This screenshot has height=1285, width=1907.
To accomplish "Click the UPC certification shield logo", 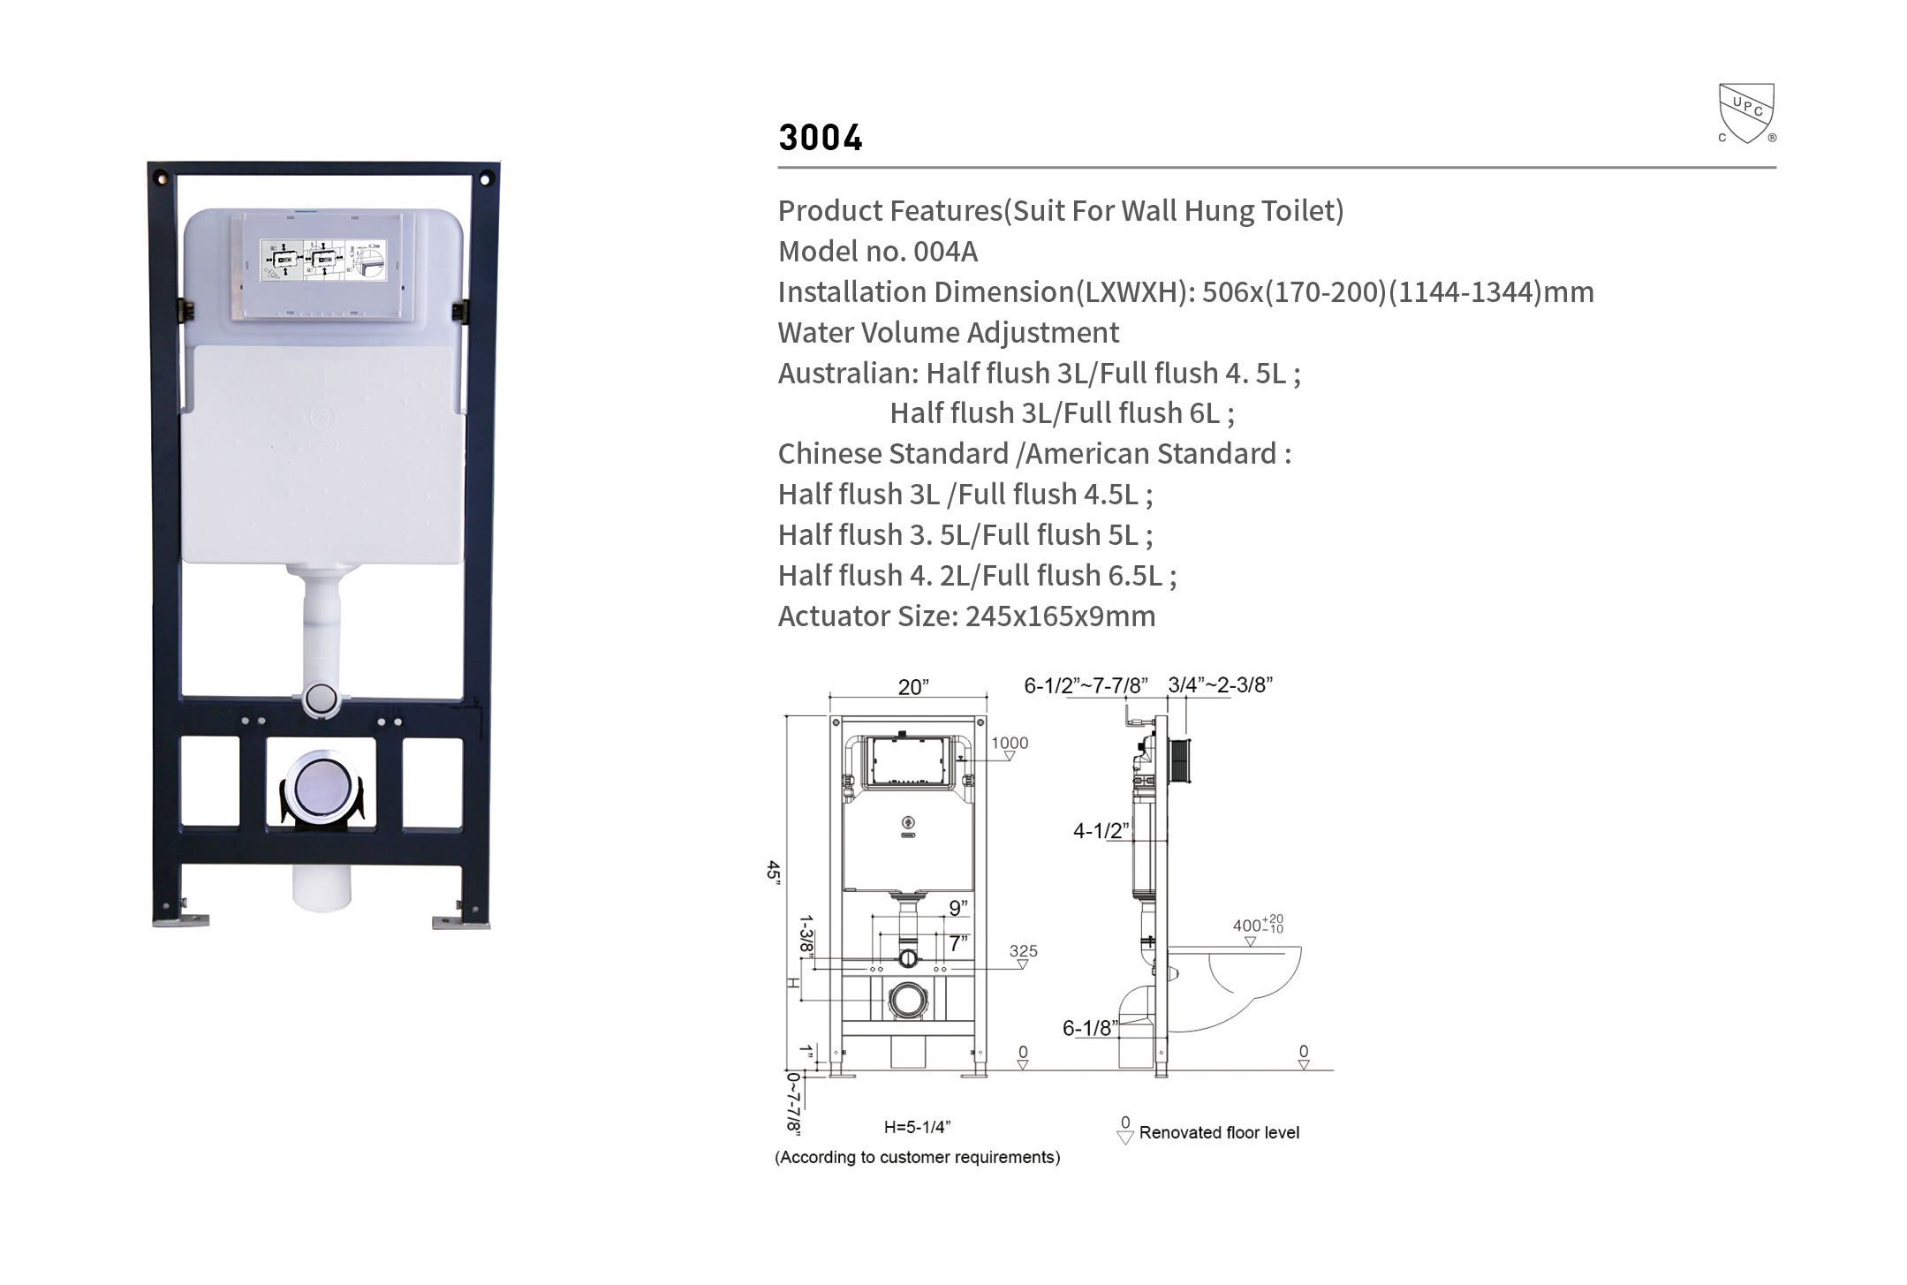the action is (x=1746, y=113).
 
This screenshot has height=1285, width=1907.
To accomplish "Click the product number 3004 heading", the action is (x=821, y=138).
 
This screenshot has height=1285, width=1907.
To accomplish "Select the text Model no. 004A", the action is (x=878, y=252).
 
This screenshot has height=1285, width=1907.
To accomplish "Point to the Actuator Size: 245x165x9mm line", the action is (x=966, y=616).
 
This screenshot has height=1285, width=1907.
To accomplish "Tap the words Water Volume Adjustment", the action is (x=949, y=333).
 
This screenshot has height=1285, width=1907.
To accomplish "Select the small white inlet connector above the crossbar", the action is (x=321, y=698).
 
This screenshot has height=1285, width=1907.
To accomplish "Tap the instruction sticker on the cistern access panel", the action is (x=323, y=261).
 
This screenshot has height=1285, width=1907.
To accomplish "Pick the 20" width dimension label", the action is (x=913, y=687).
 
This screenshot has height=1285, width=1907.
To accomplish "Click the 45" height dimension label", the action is (x=774, y=870).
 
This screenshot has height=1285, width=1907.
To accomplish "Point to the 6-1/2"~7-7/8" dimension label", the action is (x=1086, y=685).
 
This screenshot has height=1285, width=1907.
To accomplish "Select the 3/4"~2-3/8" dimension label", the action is (x=1220, y=684).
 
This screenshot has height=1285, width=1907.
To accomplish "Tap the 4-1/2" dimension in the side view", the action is (x=1101, y=830).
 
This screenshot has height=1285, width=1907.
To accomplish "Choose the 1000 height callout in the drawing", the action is (x=1010, y=743).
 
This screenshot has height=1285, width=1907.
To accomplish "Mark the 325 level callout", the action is (x=1024, y=951).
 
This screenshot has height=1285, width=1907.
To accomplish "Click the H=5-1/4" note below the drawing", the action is (x=917, y=1127).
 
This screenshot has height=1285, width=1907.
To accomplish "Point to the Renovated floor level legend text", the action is (x=1219, y=1132).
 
